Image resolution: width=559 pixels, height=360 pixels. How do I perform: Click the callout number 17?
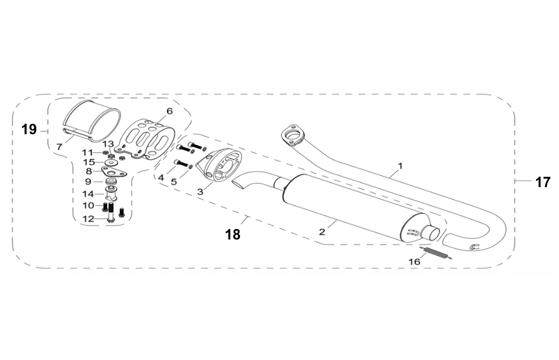pyautogui.click(x=543, y=182)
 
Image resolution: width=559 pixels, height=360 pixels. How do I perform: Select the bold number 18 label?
pyautogui.click(x=233, y=235)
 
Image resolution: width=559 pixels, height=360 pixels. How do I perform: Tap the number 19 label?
pyautogui.click(x=29, y=129)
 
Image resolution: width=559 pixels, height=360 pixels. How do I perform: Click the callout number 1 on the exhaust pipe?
pyautogui.click(x=400, y=165)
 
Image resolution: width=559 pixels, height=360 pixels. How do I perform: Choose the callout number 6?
pyautogui.click(x=170, y=111)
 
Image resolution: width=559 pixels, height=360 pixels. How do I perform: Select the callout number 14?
pyautogui.click(x=88, y=193)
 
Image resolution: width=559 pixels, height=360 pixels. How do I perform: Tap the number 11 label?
pyautogui.click(x=87, y=152)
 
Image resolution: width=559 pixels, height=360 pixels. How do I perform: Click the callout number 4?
pyautogui.click(x=161, y=177)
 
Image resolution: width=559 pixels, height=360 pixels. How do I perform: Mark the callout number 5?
pyautogui.click(x=174, y=182)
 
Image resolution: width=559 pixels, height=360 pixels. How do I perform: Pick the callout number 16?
pyautogui.click(x=414, y=262)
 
